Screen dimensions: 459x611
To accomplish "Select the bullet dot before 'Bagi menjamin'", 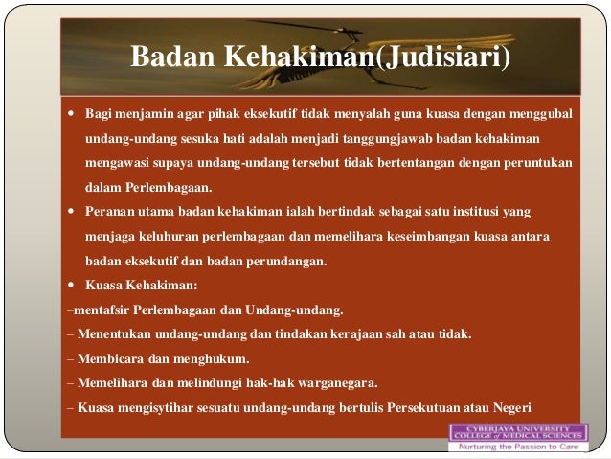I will click(x=73, y=113).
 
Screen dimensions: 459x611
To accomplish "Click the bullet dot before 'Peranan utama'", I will click(x=73, y=210).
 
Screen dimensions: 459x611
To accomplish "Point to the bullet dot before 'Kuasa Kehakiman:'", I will click(x=73, y=285).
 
